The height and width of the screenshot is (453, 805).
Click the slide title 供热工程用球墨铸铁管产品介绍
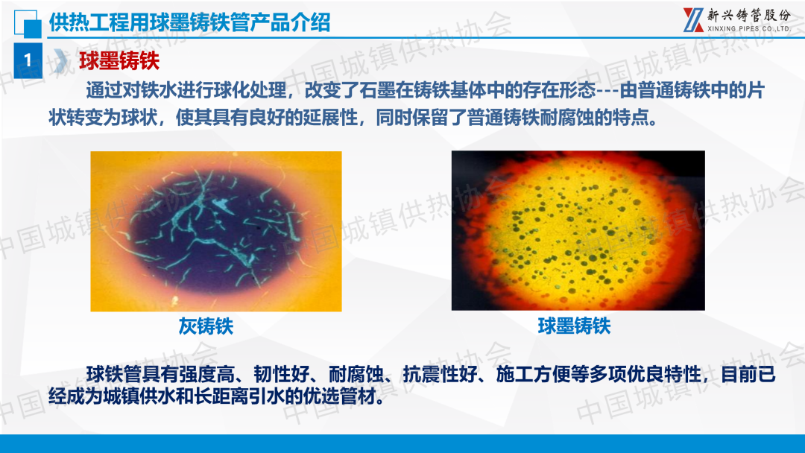(x=189, y=22)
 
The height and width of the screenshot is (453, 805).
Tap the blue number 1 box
(x=28, y=60)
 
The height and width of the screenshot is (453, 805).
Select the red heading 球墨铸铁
(x=119, y=60)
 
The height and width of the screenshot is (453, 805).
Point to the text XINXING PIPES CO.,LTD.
(x=749, y=29)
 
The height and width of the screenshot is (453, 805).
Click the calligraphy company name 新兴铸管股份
(x=749, y=15)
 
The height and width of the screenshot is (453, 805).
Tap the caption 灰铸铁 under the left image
(x=206, y=326)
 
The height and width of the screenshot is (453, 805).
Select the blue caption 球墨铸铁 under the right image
(x=574, y=326)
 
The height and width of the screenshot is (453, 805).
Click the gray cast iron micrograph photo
(x=216, y=232)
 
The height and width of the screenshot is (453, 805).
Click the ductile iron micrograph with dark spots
(x=578, y=230)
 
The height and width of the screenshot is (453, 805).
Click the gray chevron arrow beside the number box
(x=60, y=60)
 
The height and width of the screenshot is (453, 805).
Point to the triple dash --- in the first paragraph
(x=607, y=92)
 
